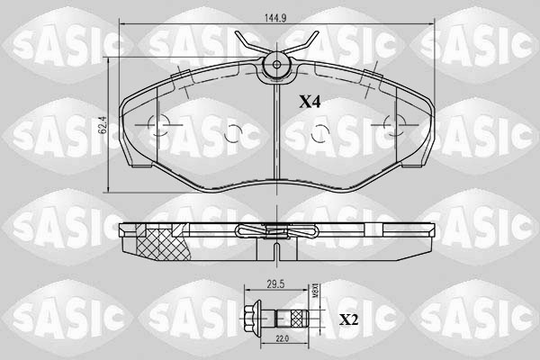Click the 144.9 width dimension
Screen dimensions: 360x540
(274, 17)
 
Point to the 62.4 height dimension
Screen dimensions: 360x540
(103, 124)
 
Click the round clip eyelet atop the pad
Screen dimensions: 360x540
(274, 64)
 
